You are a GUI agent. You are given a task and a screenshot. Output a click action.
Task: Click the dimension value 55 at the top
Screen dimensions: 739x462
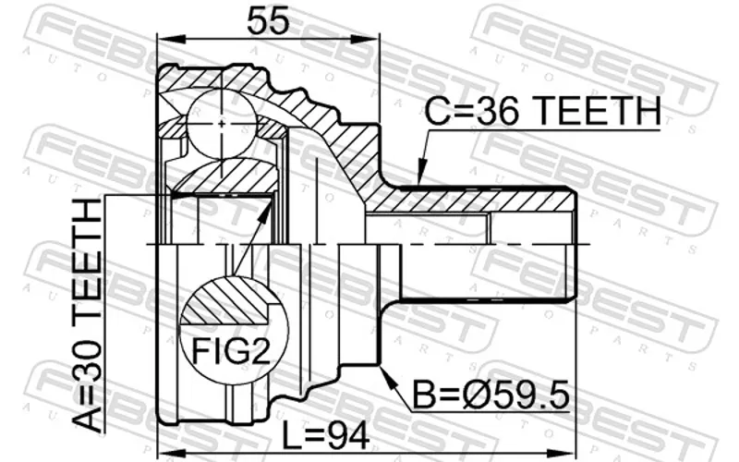click(267, 20)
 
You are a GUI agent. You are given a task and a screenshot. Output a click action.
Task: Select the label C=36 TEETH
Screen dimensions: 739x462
click(543, 111)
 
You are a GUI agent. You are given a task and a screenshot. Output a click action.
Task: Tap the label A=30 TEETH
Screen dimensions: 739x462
click(88, 315)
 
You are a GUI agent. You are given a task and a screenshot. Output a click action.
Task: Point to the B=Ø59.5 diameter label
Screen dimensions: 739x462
click(491, 395)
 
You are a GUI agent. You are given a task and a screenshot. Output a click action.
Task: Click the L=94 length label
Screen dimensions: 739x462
click(325, 436)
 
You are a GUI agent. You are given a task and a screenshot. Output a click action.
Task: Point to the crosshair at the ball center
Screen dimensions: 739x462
click(222, 124)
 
